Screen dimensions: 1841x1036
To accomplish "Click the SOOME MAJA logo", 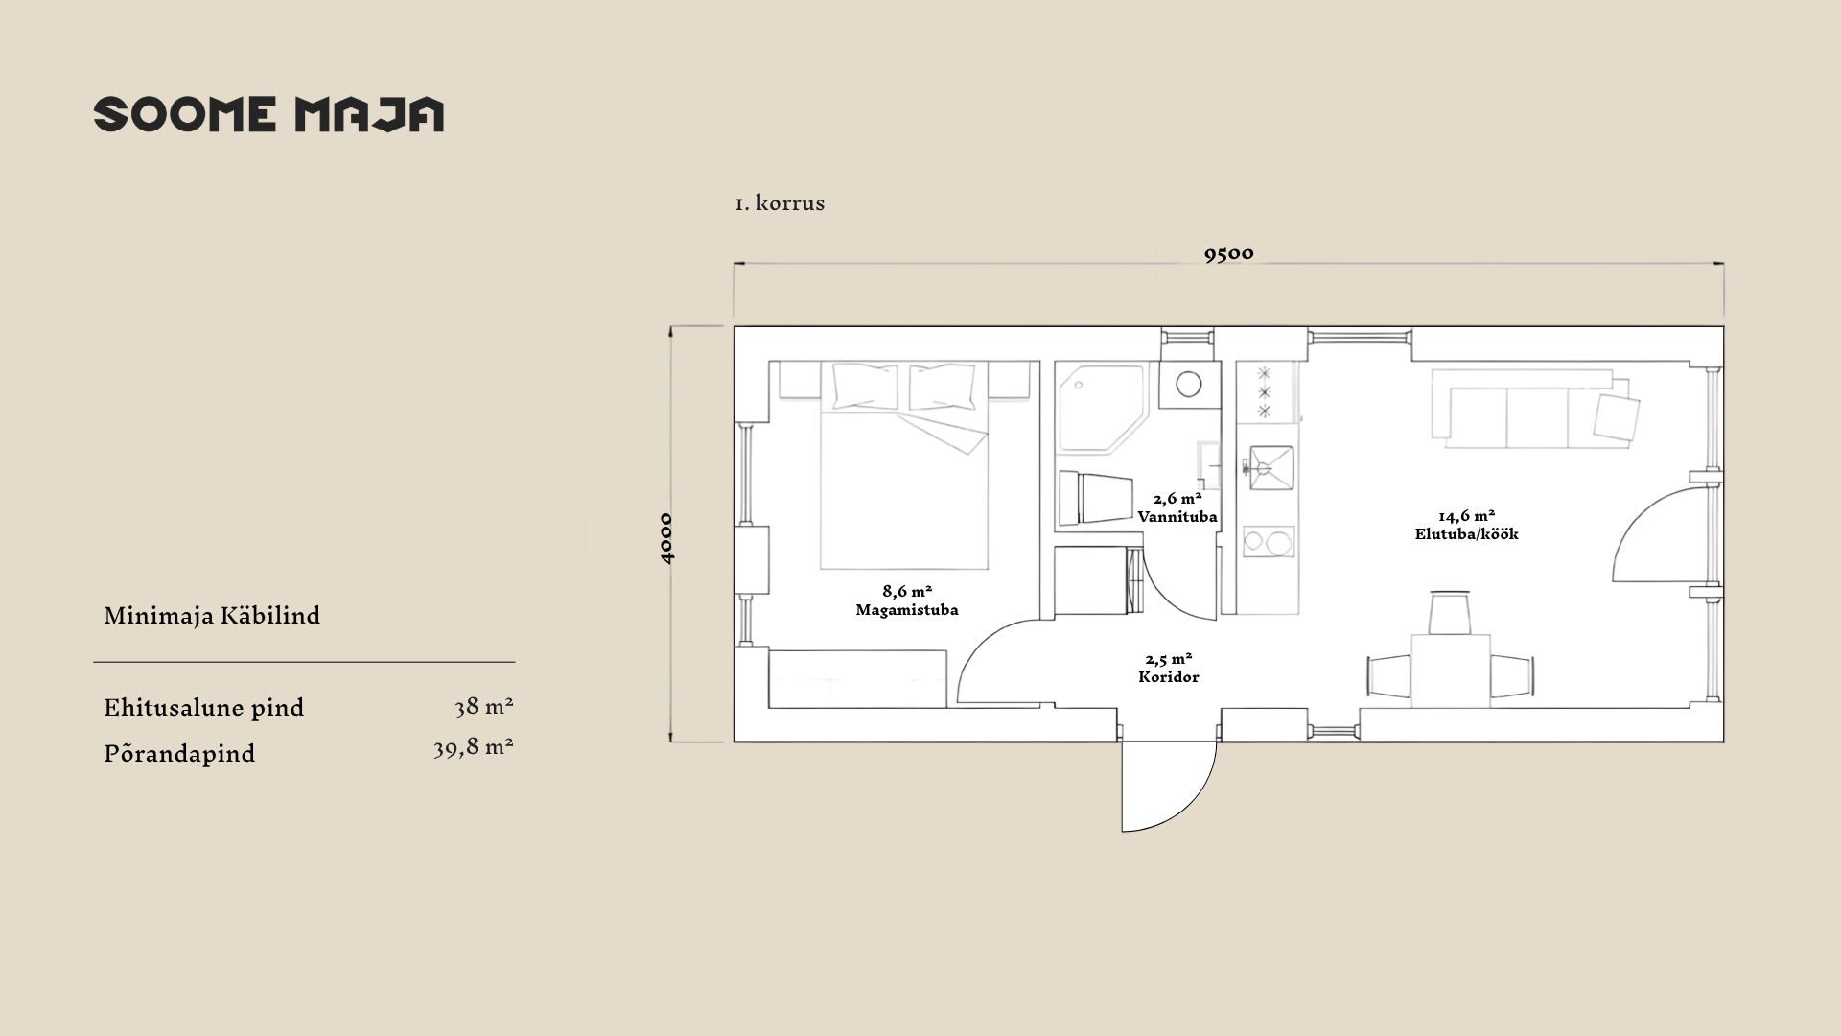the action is pyautogui.click(x=268, y=114).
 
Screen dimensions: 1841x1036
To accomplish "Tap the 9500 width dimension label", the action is pyautogui.click(x=1228, y=253).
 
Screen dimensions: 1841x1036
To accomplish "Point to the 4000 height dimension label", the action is pyautogui.click(x=666, y=538).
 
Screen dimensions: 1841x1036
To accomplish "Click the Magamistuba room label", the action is pyautogui.click(x=906, y=610).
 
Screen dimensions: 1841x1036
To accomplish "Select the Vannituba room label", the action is pyautogui.click(x=1177, y=516).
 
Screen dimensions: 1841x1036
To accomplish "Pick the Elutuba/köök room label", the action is pyautogui.click(x=1467, y=534).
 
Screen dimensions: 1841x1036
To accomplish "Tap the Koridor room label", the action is pyautogui.click(x=1169, y=676).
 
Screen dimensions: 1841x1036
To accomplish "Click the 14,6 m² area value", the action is pyautogui.click(x=1467, y=516).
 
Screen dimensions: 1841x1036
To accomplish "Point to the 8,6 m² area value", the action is pyautogui.click(x=907, y=591).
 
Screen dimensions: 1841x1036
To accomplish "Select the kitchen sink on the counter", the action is pyautogui.click(x=1269, y=468).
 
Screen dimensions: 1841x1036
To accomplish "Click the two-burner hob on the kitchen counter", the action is pyautogui.click(x=1269, y=542).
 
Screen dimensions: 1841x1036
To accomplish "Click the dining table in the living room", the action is pyautogui.click(x=1451, y=671).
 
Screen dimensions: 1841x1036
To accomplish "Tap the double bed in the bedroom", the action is pyautogui.click(x=904, y=465).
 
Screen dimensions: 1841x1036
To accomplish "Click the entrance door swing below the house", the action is pyautogui.click(x=1169, y=786).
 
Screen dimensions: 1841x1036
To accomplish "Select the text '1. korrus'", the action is pyautogui.click(x=780, y=203).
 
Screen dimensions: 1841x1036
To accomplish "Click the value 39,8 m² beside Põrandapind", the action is pyautogui.click(x=473, y=747).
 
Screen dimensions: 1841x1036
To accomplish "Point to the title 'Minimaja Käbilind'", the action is pyautogui.click(x=212, y=616).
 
